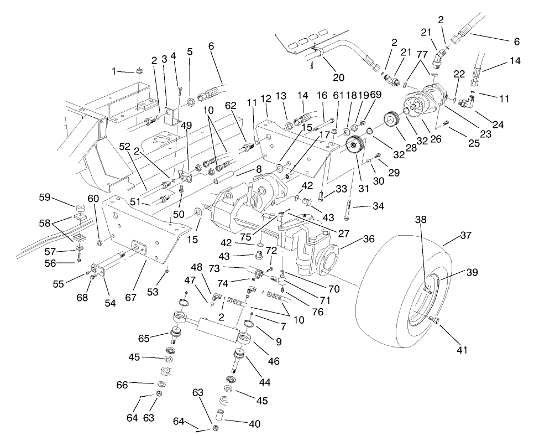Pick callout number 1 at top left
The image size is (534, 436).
tap(115, 71)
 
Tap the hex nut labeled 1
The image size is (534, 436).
tap(140, 71)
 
